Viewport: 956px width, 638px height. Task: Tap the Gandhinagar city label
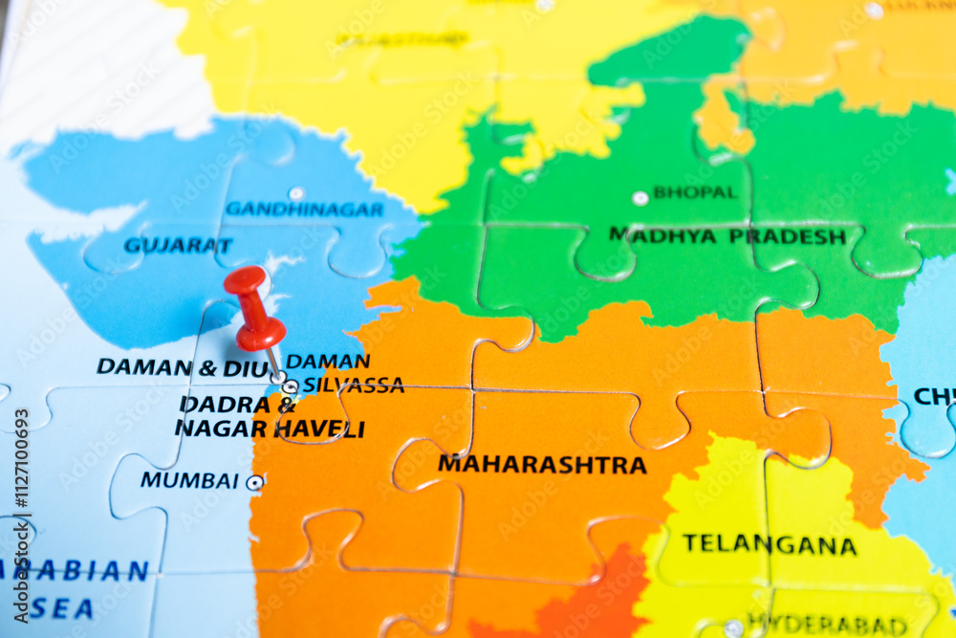[x=304, y=209]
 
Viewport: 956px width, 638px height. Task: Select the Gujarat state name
[x=178, y=245]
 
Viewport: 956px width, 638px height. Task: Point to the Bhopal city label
[x=695, y=192]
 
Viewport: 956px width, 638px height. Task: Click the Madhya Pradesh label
[x=728, y=235]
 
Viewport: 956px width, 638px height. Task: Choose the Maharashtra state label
[x=542, y=465]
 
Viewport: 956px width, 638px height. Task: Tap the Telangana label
[x=770, y=545]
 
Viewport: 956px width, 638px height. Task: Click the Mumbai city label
[x=189, y=480]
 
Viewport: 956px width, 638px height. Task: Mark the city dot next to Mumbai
[x=254, y=483]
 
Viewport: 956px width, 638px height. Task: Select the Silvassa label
[x=353, y=385]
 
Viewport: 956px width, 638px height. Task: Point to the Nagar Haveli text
[x=270, y=429]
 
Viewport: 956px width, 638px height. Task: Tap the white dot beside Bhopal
[x=640, y=198]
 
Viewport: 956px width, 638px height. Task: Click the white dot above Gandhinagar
[x=296, y=193]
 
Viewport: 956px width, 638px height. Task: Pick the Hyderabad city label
[x=826, y=625]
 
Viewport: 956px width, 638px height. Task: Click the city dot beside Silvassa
[x=290, y=387]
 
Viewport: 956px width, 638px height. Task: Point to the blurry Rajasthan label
[x=402, y=40]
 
